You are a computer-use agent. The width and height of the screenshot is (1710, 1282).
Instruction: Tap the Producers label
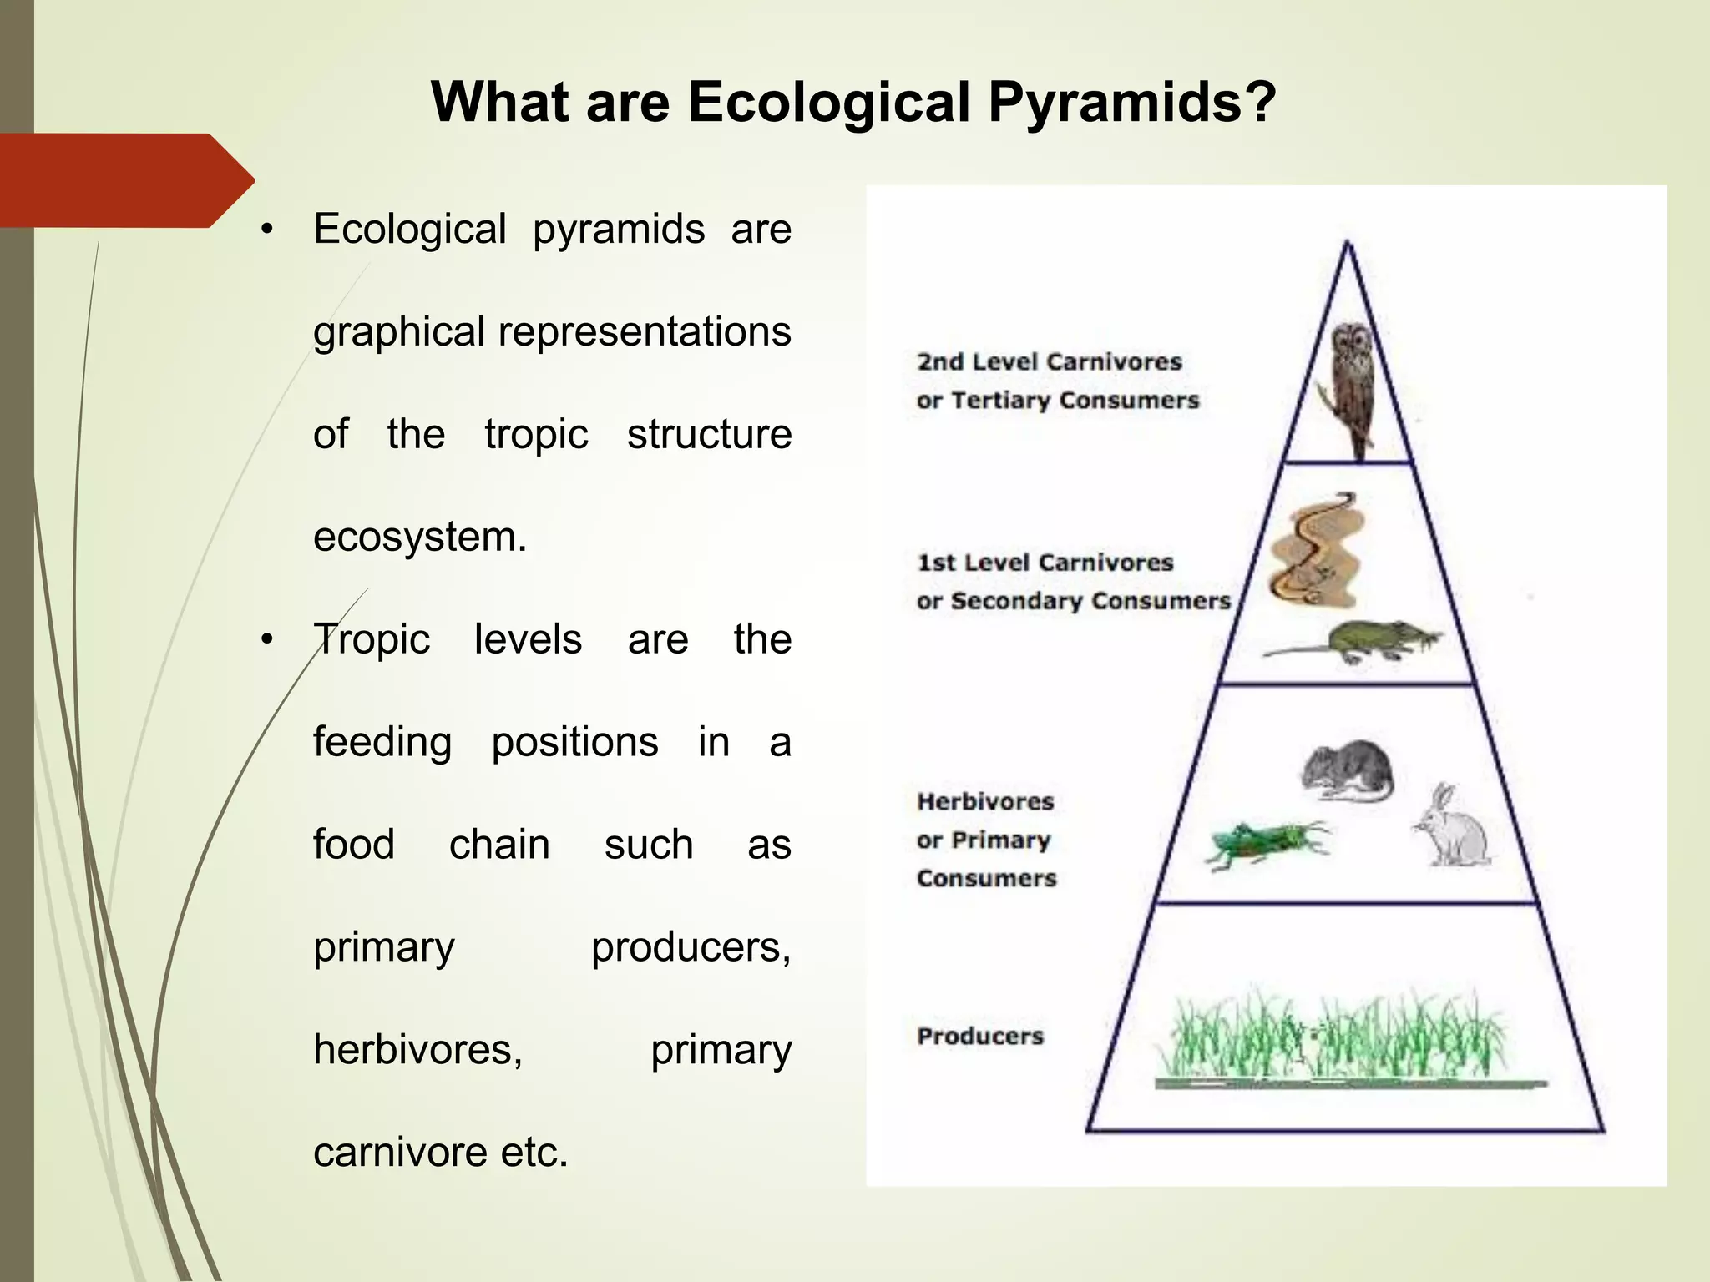980,1037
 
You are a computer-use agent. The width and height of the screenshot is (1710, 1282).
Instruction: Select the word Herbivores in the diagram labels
985,802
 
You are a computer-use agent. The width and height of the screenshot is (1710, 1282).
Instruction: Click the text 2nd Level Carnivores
1050,362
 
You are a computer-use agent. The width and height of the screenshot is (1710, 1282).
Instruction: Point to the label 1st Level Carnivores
1045,563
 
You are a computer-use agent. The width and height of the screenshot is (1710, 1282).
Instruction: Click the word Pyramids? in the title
1132,103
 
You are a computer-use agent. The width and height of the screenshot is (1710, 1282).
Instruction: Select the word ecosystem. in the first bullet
420,537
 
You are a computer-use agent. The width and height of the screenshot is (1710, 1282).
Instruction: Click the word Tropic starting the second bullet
372,640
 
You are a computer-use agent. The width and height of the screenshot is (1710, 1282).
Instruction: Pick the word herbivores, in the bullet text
417,1050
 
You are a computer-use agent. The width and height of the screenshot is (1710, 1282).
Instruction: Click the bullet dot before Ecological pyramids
266,230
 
